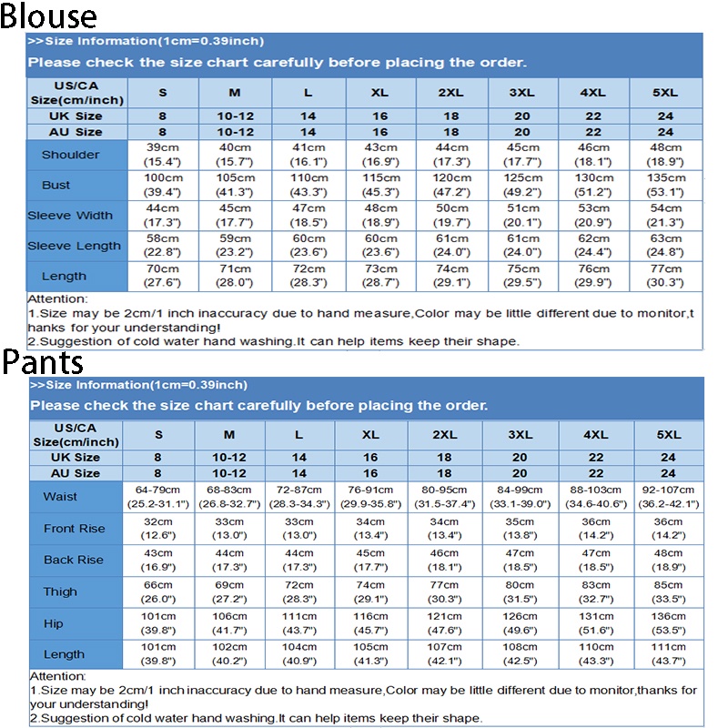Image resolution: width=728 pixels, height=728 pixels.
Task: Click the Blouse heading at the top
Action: pos(48,16)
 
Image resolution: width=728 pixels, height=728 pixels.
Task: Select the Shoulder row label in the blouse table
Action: pos(70,155)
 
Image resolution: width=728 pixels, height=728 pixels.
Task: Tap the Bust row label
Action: pos(56,185)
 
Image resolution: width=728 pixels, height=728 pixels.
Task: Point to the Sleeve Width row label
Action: pos(70,216)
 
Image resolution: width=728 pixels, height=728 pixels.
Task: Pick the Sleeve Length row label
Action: pos(74,246)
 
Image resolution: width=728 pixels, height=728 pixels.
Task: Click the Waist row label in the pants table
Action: pos(60,497)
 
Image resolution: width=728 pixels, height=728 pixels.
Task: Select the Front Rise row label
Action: pos(74,529)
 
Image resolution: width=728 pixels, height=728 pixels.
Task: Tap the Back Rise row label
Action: pos(74,560)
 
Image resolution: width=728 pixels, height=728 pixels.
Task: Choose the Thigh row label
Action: pos(60,591)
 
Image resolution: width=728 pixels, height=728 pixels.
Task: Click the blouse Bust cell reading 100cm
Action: pos(164,185)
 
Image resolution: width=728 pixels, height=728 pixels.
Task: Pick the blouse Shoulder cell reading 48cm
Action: pos(667,154)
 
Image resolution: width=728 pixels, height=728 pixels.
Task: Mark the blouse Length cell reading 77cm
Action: pos(667,276)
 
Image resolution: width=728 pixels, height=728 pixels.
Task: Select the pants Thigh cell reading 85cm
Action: pos(668,591)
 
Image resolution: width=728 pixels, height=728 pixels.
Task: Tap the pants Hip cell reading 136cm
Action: pos(668,622)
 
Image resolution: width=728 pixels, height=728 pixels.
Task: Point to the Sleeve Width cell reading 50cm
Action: pos(452,215)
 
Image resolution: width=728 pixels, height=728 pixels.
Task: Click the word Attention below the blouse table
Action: pos(57,298)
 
